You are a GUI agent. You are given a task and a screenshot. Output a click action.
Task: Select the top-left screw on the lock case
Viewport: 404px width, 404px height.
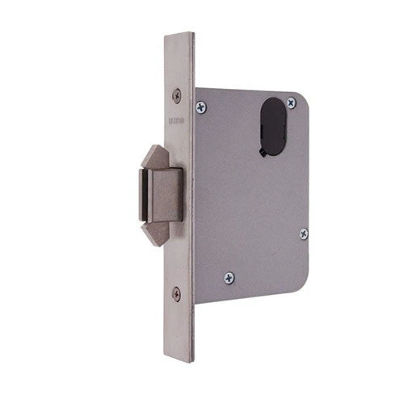(201, 104)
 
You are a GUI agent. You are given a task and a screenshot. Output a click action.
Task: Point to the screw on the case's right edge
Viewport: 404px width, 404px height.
(303, 234)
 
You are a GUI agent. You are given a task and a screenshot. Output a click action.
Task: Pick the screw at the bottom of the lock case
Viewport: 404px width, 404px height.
(229, 278)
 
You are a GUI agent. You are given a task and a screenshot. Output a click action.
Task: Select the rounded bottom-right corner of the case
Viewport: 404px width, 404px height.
(301, 287)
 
